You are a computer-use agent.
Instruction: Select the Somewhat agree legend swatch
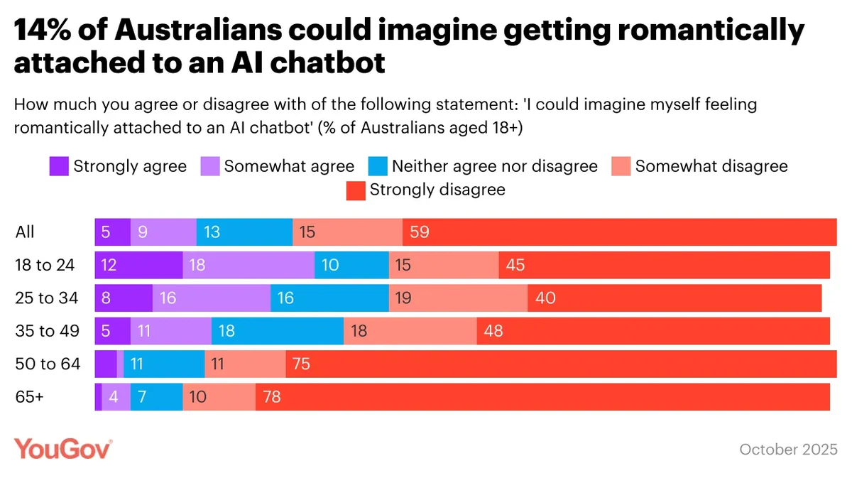210,166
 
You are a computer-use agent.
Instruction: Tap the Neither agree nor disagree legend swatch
378,166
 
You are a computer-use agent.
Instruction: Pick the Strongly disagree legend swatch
356,190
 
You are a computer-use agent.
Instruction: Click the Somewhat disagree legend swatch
621,166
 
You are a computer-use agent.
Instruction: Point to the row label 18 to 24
45,265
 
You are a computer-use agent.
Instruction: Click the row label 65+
29,396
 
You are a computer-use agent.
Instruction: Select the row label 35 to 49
46,330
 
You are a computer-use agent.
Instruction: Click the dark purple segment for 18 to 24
138,265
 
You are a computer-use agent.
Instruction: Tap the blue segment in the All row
244,232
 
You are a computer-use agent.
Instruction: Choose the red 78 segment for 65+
542,396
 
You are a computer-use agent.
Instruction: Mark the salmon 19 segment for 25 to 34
458,298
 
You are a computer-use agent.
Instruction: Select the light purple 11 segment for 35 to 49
170,330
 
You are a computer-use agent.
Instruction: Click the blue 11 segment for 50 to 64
164,364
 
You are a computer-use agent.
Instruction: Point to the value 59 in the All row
420,232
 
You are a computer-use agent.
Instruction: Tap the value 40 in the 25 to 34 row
545,298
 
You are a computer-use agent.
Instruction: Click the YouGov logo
63,449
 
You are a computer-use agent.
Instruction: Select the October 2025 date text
788,450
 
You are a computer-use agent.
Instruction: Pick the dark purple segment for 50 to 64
106,364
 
